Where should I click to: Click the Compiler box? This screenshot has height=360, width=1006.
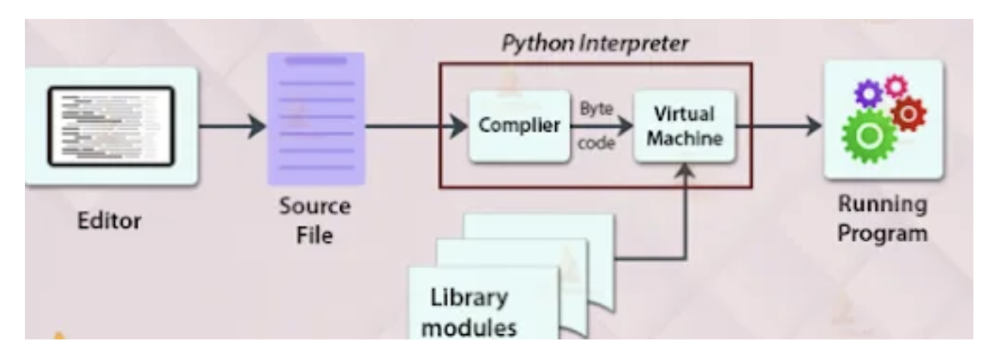519,126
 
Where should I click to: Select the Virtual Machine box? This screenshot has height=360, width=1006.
685,126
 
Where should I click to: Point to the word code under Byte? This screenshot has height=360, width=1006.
596,143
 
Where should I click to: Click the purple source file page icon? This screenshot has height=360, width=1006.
315,118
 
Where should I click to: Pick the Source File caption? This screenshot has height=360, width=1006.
314,221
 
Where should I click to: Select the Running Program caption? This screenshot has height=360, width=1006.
882,219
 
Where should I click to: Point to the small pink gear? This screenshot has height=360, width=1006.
895,84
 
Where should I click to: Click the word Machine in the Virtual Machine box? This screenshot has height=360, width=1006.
685,141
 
